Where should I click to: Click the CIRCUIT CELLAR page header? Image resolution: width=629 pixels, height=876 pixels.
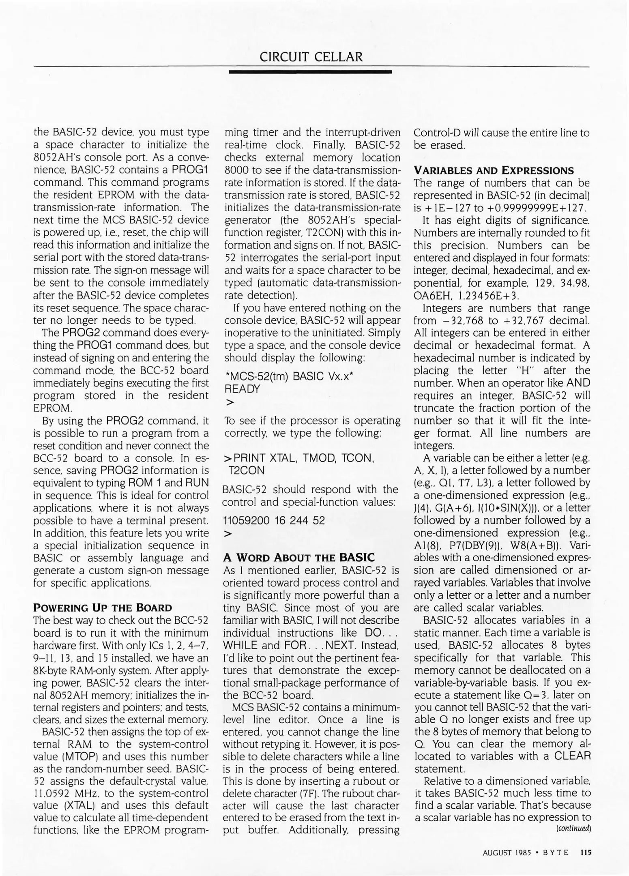311,57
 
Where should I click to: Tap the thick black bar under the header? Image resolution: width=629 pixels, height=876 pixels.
310,72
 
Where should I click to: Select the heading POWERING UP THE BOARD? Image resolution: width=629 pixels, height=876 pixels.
103,608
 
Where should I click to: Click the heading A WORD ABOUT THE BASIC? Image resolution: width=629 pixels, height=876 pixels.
299,557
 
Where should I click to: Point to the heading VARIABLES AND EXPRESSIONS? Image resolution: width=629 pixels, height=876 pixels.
494,170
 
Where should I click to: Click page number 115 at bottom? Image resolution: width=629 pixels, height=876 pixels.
586,852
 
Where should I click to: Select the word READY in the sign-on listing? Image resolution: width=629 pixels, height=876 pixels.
242,389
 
